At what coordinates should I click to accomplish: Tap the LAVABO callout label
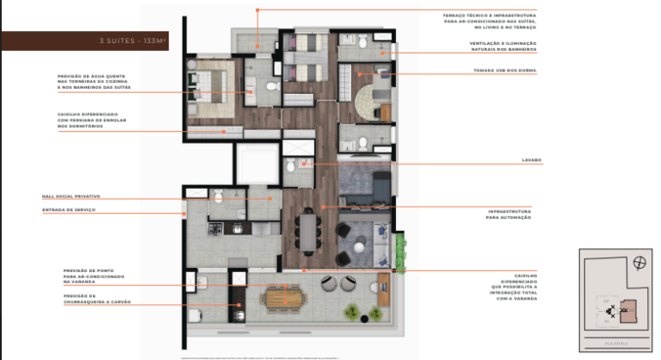pyautogui.click(x=530, y=161)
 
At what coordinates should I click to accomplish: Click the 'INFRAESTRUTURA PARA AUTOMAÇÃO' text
pyautogui.click(x=509, y=214)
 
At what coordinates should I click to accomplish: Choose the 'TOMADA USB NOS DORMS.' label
pyautogui.click(x=504, y=71)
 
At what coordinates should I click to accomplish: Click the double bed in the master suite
pyautogui.click(x=210, y=83)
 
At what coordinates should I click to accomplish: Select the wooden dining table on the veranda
pyautogui.click(x=285, y=295)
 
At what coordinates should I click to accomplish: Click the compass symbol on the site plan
pyautogui.click(x=638, y=264)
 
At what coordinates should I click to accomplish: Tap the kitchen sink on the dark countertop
pyautogui.click(x=235, y=227)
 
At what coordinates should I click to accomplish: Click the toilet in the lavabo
pyautogui.click(x=291, y=165)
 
